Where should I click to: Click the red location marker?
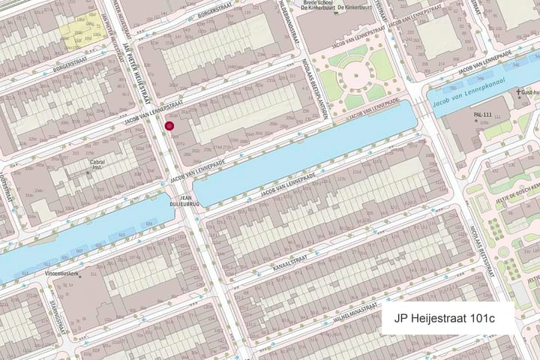point(170,127)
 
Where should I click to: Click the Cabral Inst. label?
point(97,164)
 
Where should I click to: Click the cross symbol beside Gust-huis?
point(517,94)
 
